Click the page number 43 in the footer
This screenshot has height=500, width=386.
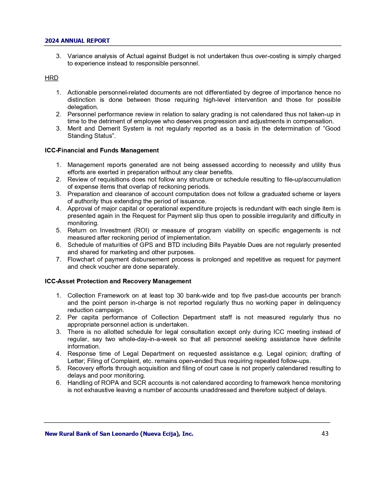pos(325,434)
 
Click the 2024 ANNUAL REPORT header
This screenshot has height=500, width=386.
pos(77,41)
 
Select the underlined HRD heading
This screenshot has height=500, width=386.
pos(51,78)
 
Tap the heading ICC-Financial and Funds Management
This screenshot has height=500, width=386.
pos(102,150)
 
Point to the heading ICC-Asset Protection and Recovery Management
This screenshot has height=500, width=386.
pos(118,281)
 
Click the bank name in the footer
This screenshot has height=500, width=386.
pos(119,434)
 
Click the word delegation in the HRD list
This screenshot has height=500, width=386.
pos(82,107)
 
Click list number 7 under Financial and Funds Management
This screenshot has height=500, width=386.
pos(58,259)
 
